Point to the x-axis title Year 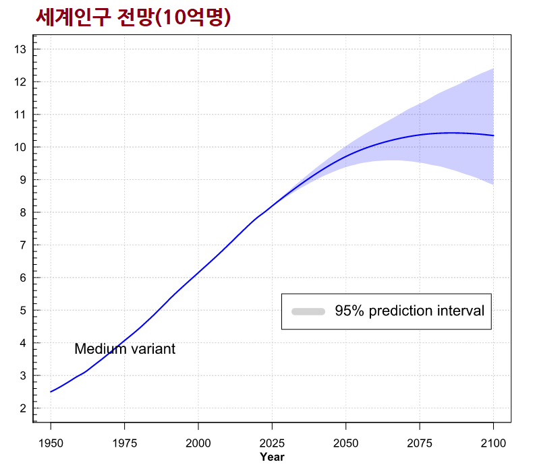pyautogui.click(x=272, y=458)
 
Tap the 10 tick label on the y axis pyautogui.click(x=20, y=147)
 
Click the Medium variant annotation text pyautogui.click(x=125, y=349)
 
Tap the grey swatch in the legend pyautogui.click(x=308, y=311)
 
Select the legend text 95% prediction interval pyautogui.click(x=410, y=311)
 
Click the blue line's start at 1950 pyautogui.click(x=51, y=392)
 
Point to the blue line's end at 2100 pyautogui.click(x=493, y=135)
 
